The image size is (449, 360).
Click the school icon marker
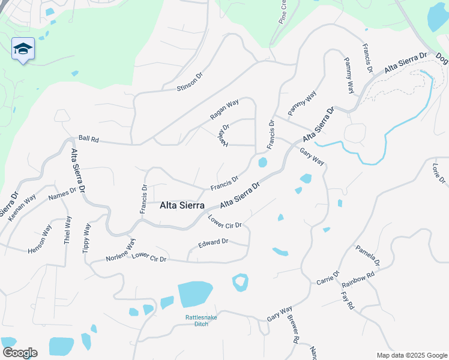click(23, 49)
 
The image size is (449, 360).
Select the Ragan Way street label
click(224, 108)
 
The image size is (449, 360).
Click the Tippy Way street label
click(87, 238)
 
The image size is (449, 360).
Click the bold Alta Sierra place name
click(182, 205)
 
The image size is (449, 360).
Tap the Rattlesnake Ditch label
click(196, 321)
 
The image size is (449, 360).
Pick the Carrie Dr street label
click(328, 278)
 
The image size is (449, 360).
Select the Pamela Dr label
click(367, 255)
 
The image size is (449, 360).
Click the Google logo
click(19, 353)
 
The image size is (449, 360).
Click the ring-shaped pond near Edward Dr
click(240, 282)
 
